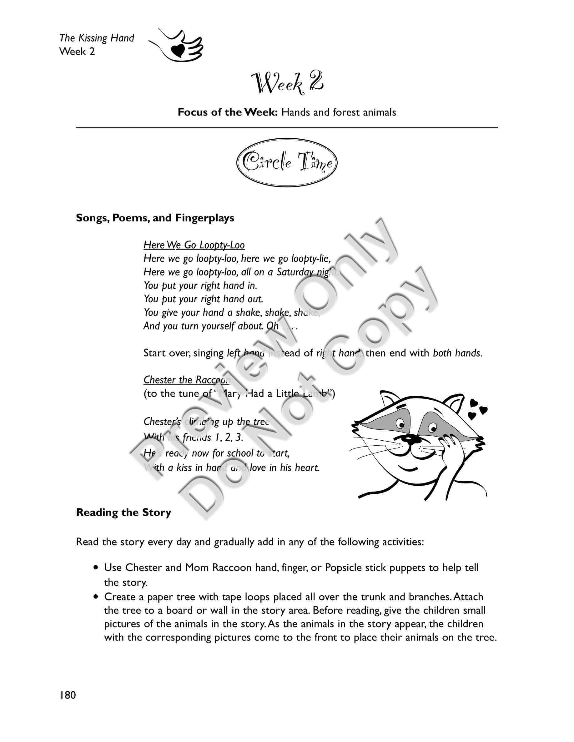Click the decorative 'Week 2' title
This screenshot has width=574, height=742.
(x=287, y=83)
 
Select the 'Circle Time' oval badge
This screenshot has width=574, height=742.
(x=287, y=162)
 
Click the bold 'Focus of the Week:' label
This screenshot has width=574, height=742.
(x=228, y=112)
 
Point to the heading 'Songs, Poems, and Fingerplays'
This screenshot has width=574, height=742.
(x=155, y=218)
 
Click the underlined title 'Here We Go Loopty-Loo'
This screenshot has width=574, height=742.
(x=194, y=245)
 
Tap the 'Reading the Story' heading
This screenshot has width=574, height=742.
(x=123, y=512)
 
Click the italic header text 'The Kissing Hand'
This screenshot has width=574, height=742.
(x=97, y=38)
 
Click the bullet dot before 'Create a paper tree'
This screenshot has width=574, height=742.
(x=97, y=597)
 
